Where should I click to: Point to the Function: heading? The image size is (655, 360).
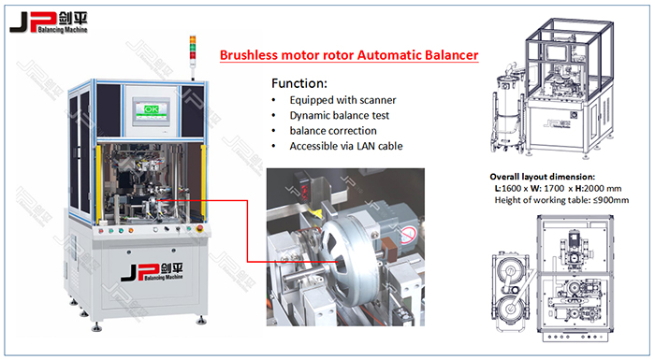[300, 82]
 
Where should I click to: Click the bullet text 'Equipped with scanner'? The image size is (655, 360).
[341, 100]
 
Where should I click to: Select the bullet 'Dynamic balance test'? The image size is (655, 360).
[339, 115]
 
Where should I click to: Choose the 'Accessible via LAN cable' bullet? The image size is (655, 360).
[347, 147]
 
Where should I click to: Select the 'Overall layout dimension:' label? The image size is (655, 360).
[543, 177]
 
